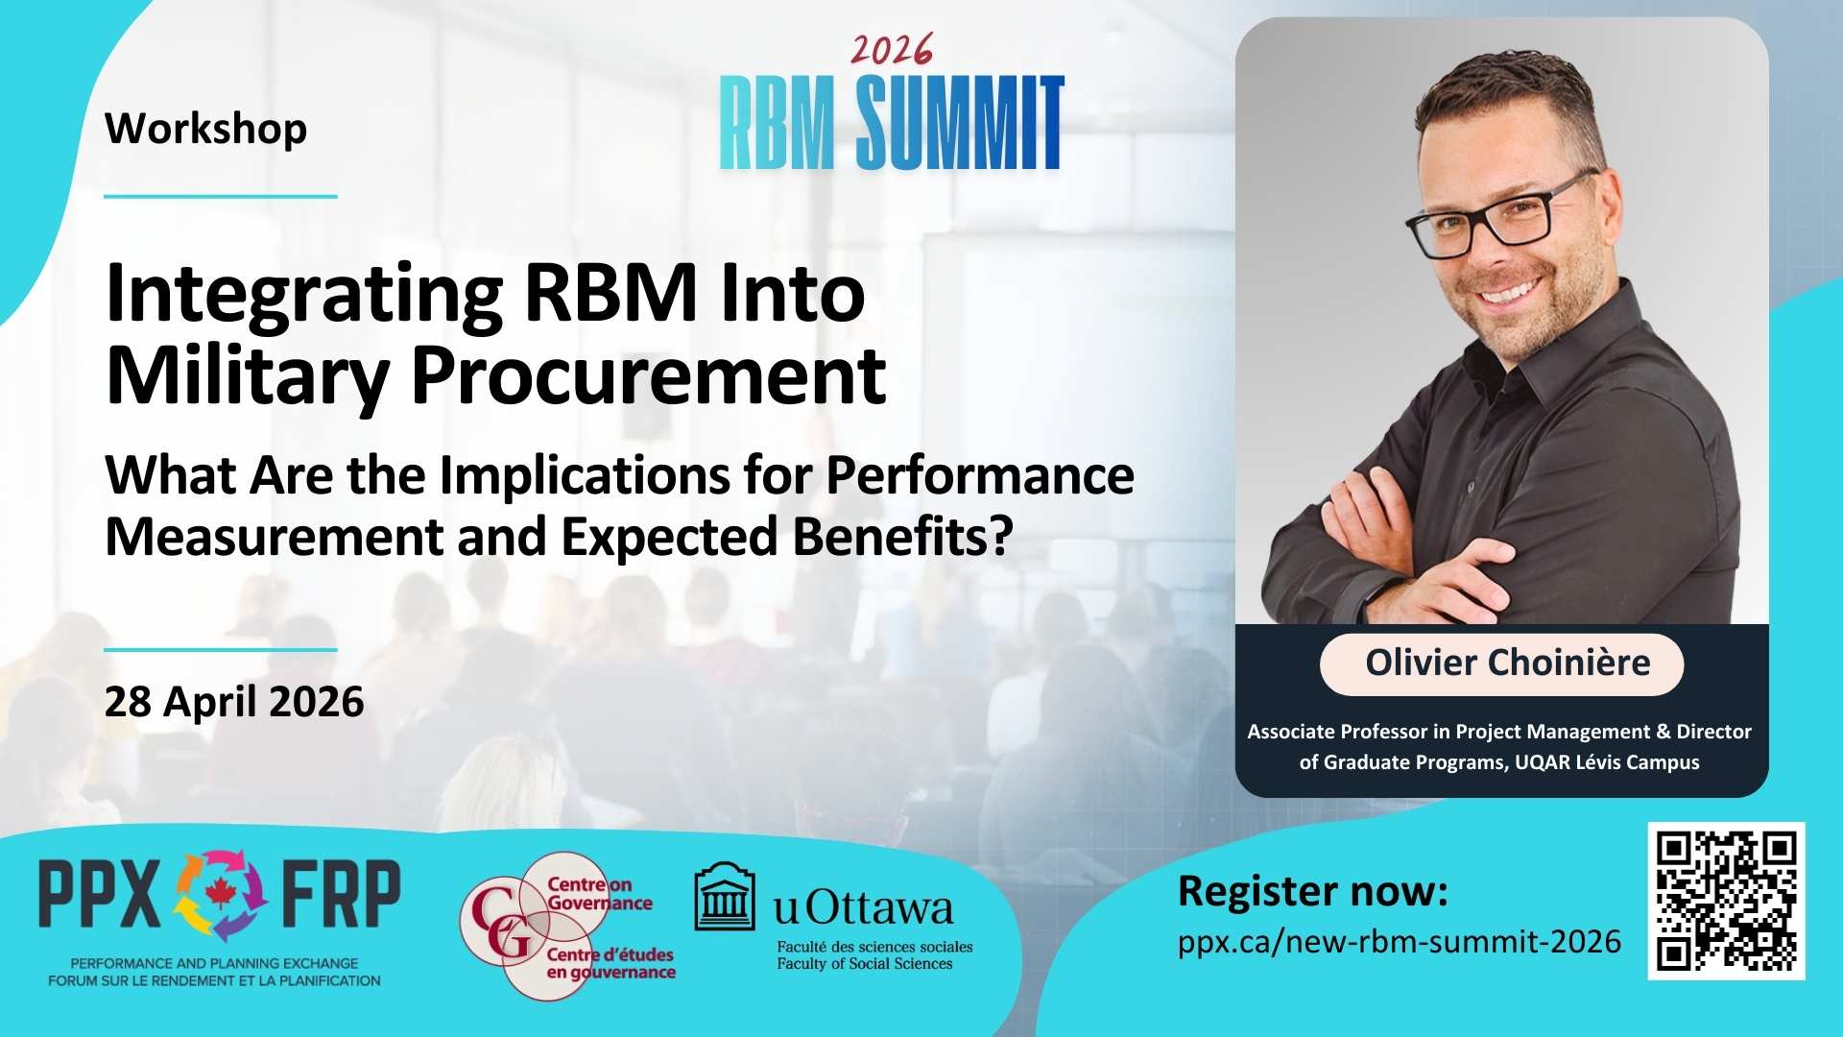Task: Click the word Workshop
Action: point(205,130)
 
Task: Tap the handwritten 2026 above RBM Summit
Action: point(892,50)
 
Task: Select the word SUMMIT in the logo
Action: point(960,123)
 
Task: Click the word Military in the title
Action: point(248,376)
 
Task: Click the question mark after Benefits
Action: point(1001,536)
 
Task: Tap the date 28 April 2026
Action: point(234,702)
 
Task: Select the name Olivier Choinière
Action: point(1507,663)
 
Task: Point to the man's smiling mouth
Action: point(1509,291)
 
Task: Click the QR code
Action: point(1726,901)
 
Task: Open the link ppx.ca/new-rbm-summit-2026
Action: point(1400,941)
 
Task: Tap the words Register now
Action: point(1312,891)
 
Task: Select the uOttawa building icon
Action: point(725,897)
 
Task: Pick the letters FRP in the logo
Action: point(341,894)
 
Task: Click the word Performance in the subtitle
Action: point(980,475)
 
